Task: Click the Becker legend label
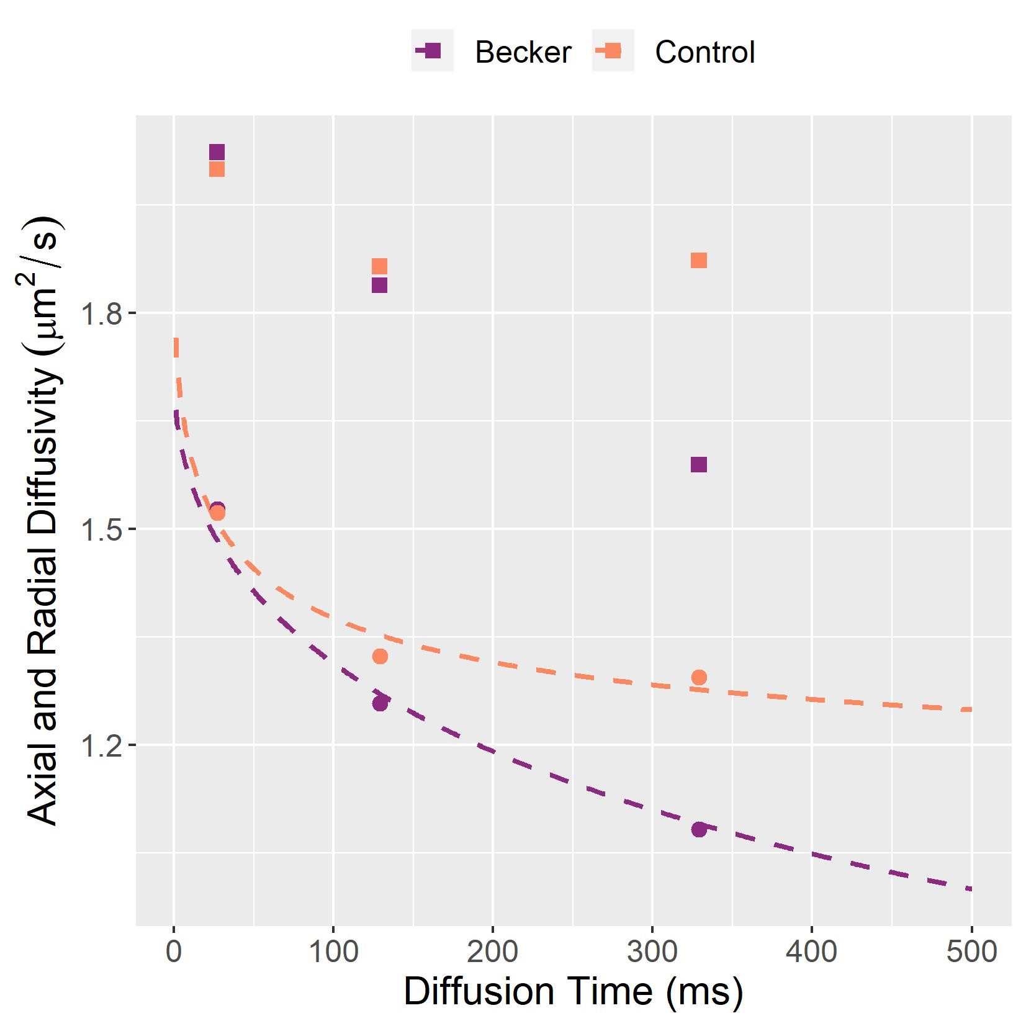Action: [x=523, y=52]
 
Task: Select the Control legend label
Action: [x=704, y=52]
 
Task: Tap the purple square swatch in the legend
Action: [x=433, y=50]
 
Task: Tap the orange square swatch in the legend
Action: [x=613, y=50]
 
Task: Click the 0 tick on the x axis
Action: [x=174, y=952]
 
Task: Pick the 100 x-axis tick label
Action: [x=333, y=952]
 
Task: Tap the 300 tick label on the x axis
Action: [x=652, y=952]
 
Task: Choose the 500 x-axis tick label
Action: [x=971, y=952]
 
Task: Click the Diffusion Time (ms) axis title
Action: [x=573, y=991]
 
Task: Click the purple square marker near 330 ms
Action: [x=699, y=464]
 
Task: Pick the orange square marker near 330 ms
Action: [x=699, y=260]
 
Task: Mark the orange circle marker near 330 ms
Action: [x=699, y=677]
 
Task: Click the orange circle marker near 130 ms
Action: [x=380, y=656]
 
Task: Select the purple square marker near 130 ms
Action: [x=379, y=285]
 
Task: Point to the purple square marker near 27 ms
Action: [x=217, y=152]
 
